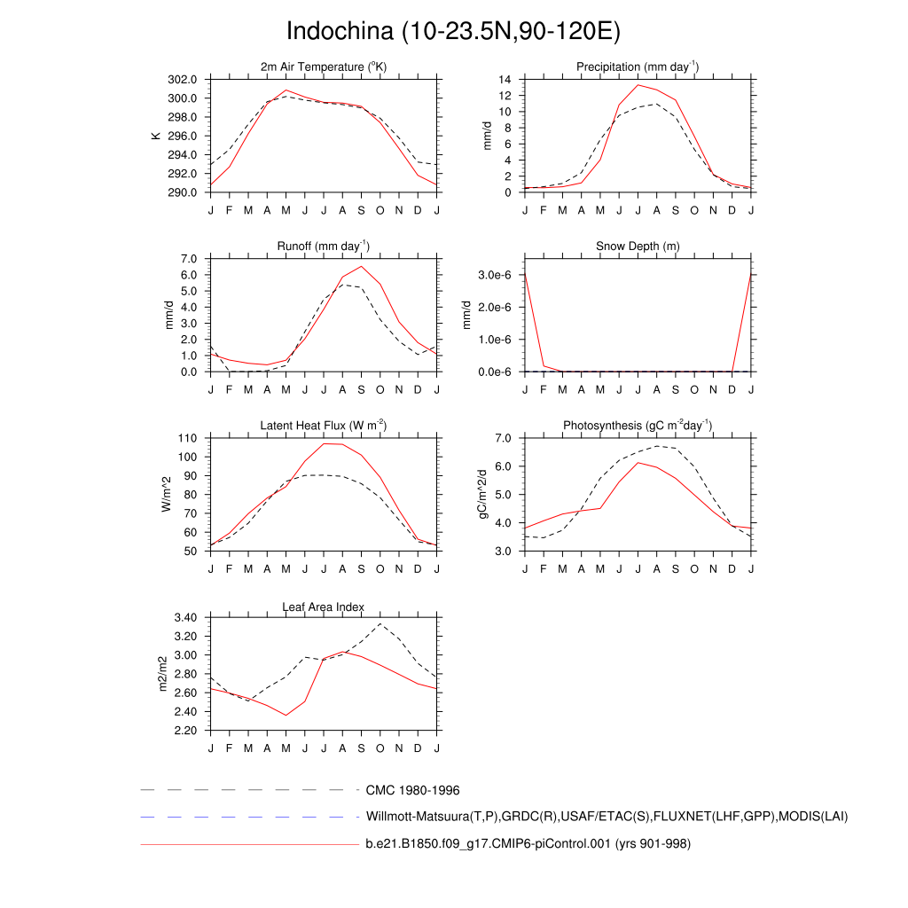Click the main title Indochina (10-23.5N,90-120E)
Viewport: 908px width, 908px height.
tap(453, 32)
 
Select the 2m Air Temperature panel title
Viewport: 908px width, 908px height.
tap(324, 67)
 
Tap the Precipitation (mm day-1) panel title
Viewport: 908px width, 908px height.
tap(638, 67)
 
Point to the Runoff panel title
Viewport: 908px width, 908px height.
tap(324, 247)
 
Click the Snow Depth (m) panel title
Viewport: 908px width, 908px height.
tap(638, 247)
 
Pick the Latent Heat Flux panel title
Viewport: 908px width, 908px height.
tap(324, 426)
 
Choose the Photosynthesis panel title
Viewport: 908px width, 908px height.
tap(638, 426)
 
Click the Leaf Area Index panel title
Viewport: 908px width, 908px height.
tap(324, 607)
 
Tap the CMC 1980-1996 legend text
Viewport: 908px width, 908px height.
tap(412, 790)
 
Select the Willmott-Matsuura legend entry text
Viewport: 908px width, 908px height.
tap(607, 817)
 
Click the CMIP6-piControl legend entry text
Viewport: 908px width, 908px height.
tap(528, 844)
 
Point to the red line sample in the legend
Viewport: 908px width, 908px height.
tap(248, 845)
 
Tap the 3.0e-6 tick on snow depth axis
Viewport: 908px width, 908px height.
tap(497, 275)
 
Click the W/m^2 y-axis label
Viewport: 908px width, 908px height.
tap(166, 495)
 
